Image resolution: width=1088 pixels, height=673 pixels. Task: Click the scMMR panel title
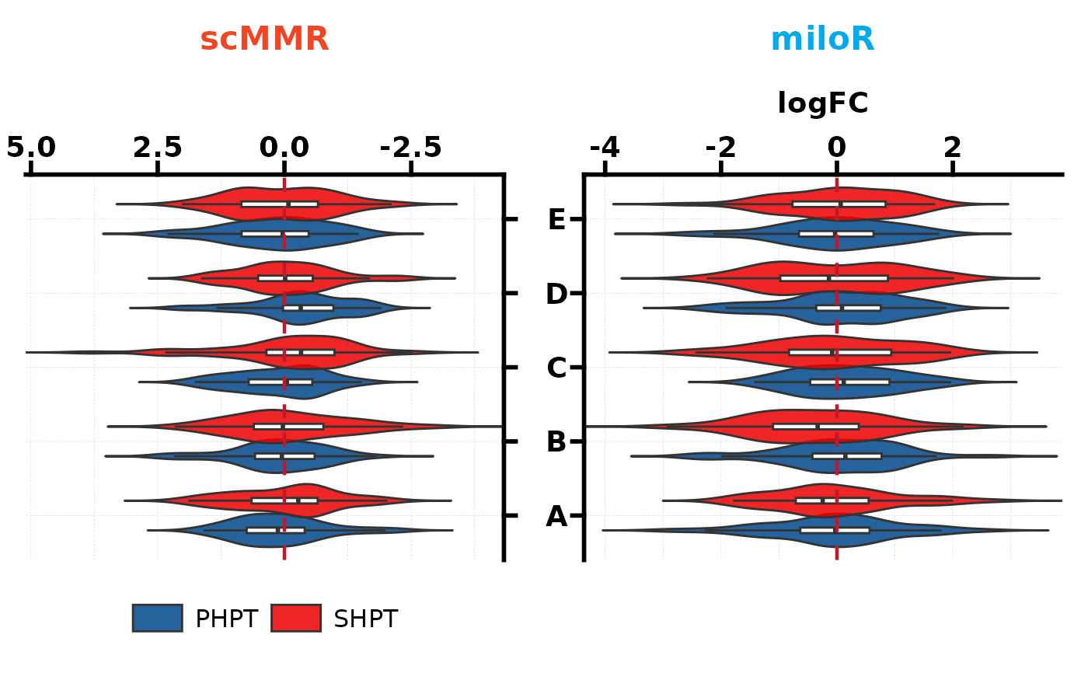click(x=264, y=40)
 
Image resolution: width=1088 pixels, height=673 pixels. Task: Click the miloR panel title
click(x=822, y=40)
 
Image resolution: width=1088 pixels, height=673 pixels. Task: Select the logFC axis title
click(x=822, y=103)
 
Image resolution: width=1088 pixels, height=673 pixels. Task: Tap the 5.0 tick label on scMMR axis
click(x=31, y=148)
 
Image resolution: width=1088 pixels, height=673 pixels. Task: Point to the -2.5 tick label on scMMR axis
click(x=411, y=148)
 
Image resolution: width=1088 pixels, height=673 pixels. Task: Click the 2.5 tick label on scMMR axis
click(x=158, y=148)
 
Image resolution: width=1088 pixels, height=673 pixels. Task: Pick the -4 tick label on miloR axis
click(x=605, y=148)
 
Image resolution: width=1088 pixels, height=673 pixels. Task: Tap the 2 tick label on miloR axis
click(x=952, y=148)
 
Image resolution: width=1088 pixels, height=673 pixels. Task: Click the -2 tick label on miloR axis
click(x=720, y=148)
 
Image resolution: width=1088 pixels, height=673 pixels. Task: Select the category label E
click(x=556, y=220)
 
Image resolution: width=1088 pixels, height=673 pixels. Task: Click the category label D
click(x=556, y=295)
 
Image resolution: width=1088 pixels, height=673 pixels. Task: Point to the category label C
click(x=556, y=368)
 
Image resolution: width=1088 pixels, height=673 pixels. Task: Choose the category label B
click(x=556, y=442)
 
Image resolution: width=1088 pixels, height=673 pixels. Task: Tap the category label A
click(x=556, y=517)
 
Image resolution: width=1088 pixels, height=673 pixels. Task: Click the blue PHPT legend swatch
click(x=158, y=618)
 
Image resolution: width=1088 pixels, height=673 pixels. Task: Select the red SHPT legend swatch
click(x=295, y=618)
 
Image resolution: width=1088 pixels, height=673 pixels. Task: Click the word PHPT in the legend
click(x=226, y=619)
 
